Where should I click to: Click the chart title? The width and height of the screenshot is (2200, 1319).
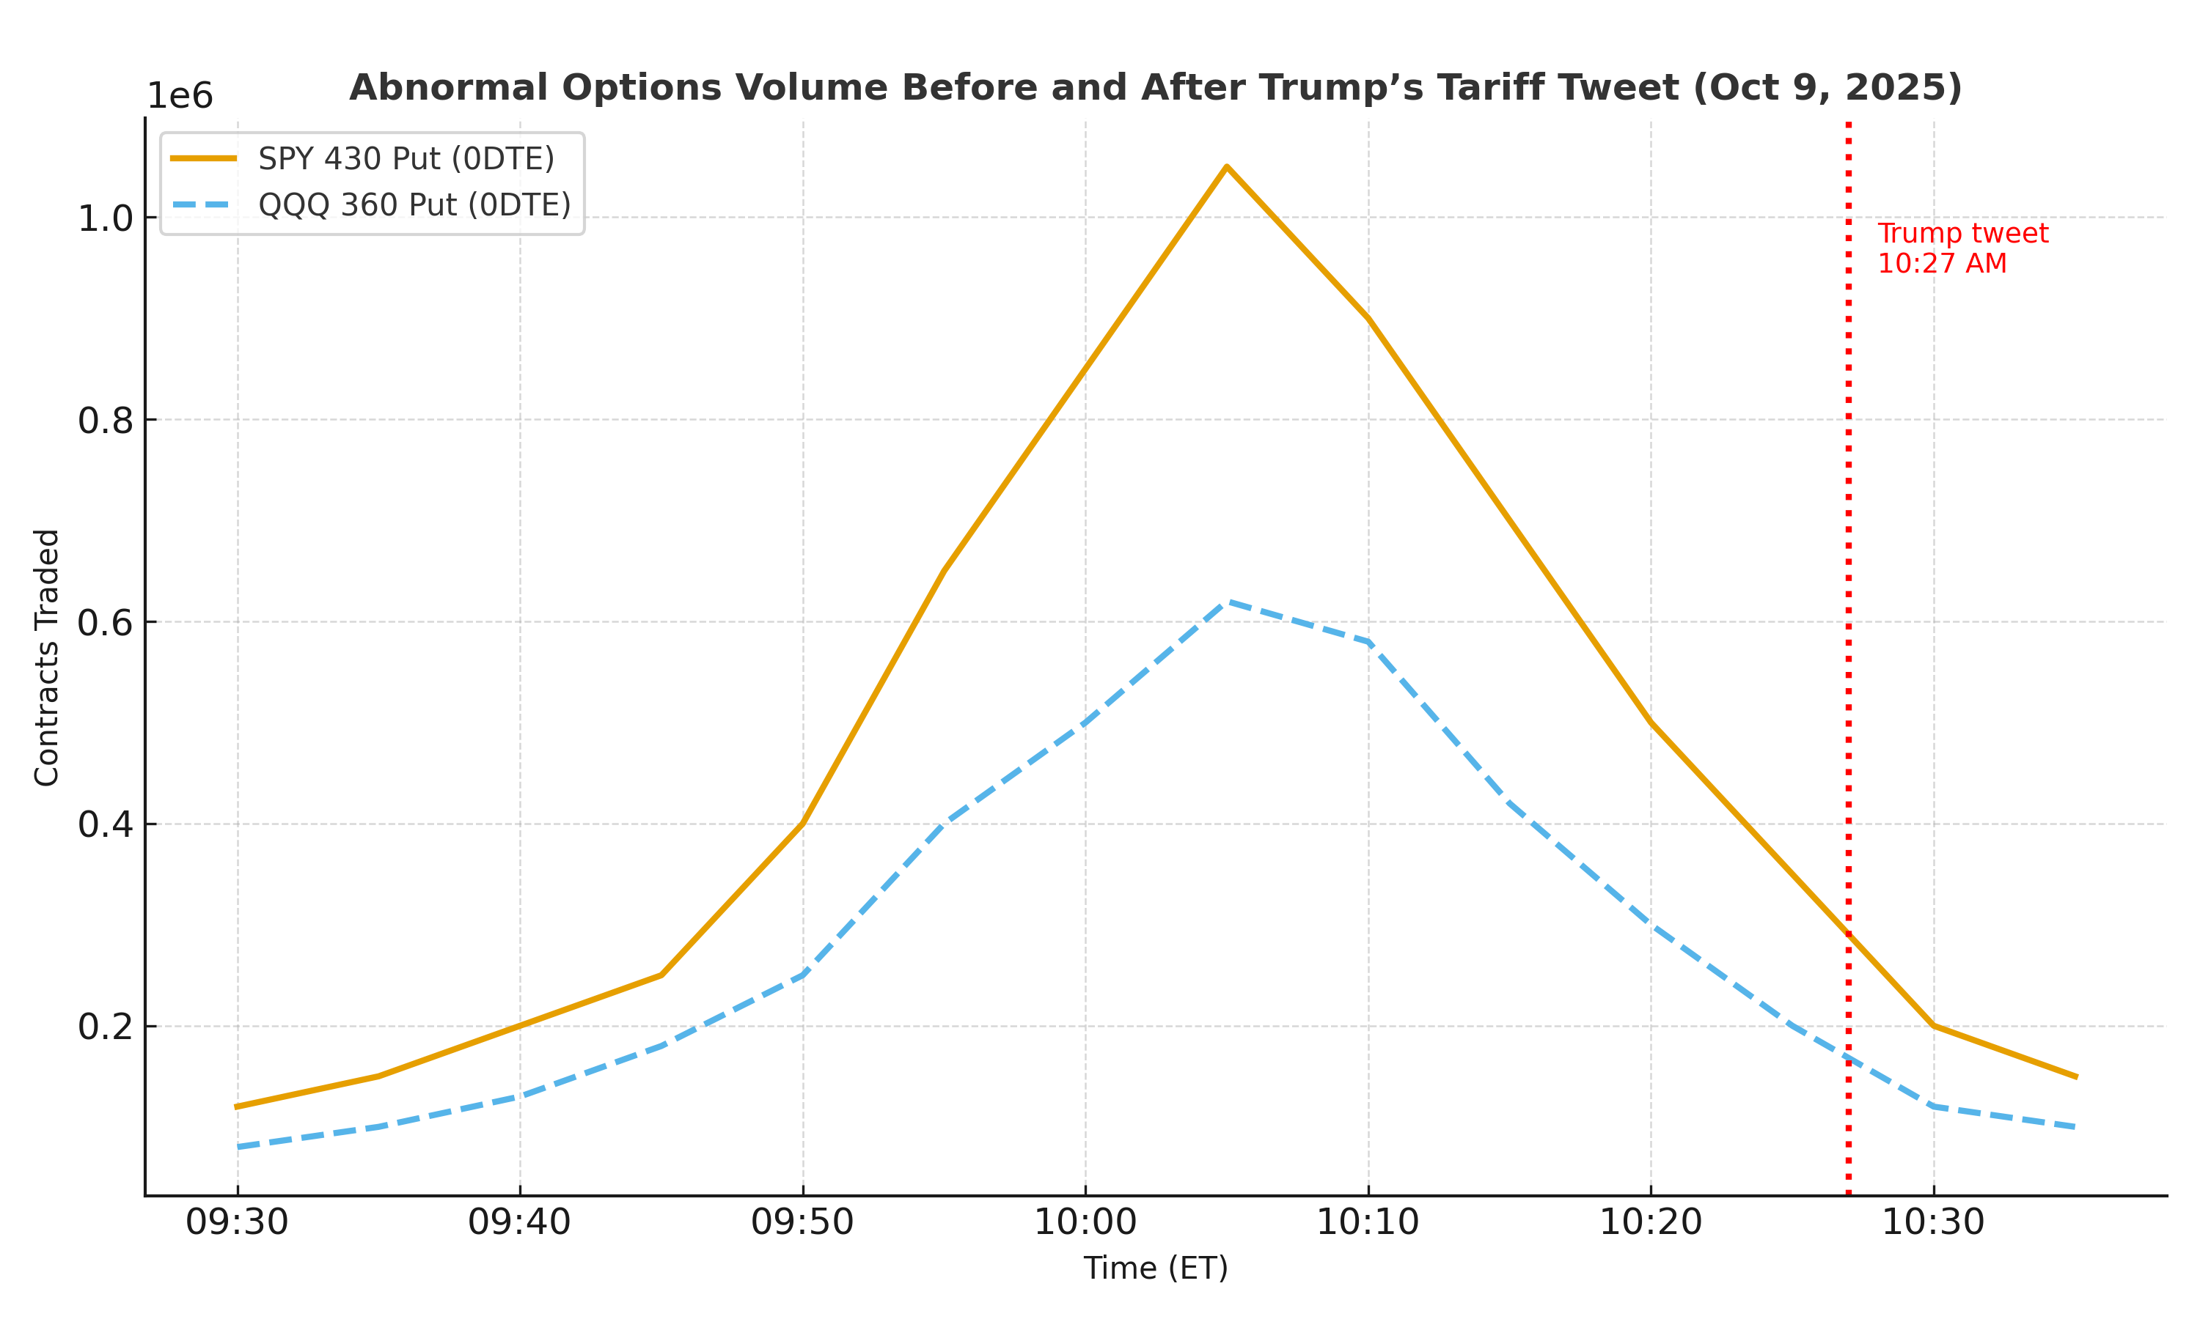click(1155, 88)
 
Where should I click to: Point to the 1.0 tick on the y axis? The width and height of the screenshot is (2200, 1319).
click(105, 218)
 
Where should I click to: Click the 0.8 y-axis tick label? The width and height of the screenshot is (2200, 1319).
click(105, 421)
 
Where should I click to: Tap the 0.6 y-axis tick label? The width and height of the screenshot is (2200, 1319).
click(105, 622)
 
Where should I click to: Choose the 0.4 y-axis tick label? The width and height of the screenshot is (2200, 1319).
click(105, 825)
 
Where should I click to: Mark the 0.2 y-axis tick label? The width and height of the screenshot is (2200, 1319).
click(105, 1027)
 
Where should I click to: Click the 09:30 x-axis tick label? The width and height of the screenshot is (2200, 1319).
click(237, 1223)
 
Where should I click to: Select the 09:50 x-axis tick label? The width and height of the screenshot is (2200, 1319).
click(802, 1223)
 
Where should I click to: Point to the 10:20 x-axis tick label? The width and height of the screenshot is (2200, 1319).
click(1651, 1223)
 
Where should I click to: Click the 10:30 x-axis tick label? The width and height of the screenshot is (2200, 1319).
click(1933, 1223)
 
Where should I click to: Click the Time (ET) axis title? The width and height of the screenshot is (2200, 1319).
click(1155, 1268)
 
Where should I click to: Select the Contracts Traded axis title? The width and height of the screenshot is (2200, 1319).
click(46, 658)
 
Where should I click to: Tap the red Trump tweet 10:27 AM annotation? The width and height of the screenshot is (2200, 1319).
click(1962, 248)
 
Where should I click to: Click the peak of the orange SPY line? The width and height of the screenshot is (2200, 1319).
click(1226, 166)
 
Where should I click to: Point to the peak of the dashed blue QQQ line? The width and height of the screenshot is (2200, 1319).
click(1227, 602)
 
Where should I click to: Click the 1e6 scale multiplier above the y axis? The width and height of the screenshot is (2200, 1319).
click(180, 96)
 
